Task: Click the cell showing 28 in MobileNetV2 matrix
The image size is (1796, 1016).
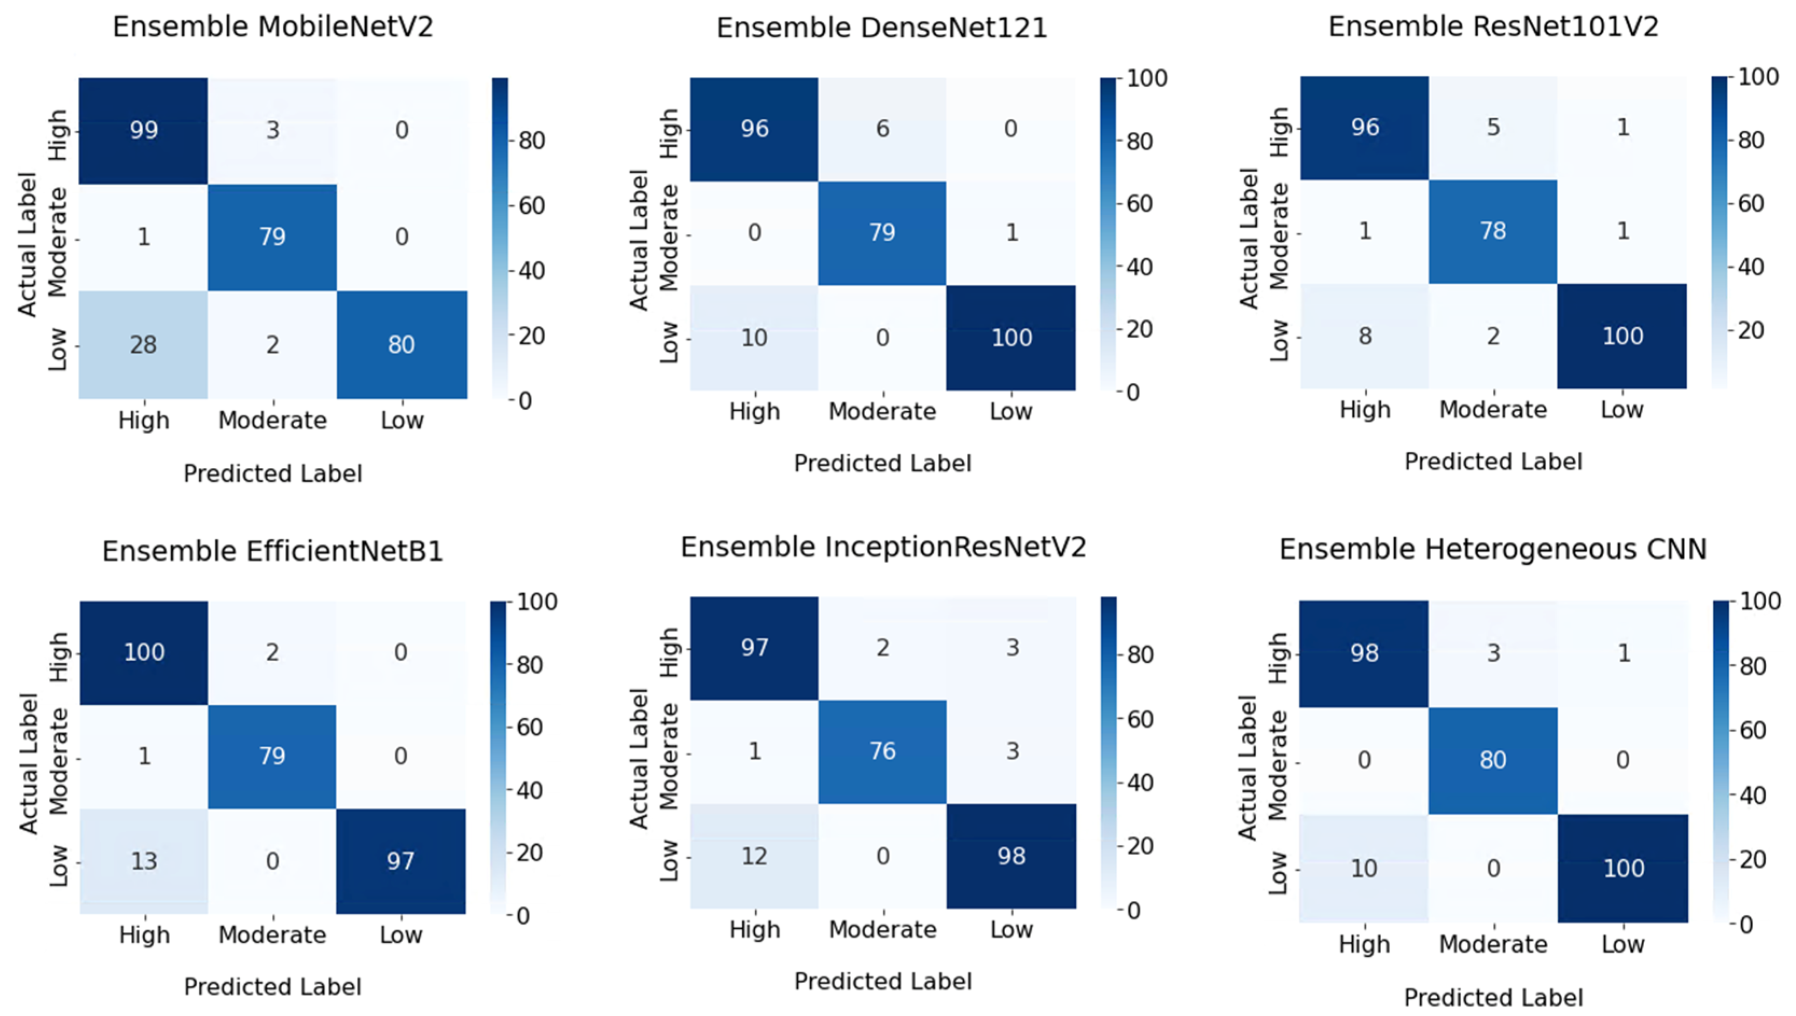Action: [143, 344]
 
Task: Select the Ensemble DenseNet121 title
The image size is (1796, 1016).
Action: [882, 28]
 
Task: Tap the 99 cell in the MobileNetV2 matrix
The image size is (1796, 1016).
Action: [143, 130]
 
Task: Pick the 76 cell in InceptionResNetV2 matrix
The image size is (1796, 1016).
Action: [882, 751]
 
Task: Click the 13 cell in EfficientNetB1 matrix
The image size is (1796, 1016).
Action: [144, 860]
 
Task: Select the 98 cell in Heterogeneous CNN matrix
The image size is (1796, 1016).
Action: [1364, 653]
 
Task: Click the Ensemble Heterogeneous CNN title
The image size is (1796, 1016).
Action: [1492, 549]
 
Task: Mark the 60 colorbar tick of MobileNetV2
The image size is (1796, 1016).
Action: [531, 205]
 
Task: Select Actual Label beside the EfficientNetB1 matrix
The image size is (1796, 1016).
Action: [28, 763]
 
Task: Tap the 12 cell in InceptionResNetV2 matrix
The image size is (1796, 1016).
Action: [754, 856]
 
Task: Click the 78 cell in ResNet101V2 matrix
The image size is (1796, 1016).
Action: [1493, 231]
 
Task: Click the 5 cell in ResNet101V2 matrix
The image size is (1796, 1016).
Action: [1493, 127]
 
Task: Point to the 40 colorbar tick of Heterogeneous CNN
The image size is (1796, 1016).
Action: [1751, 795]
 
